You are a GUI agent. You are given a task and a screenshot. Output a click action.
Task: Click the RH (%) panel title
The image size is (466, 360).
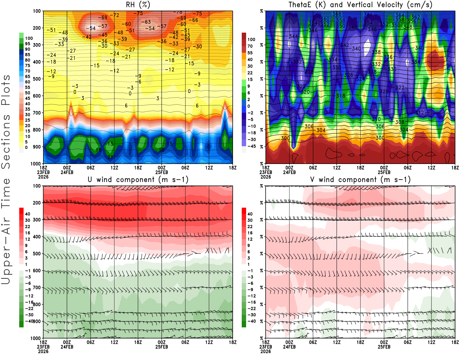tap(138, 5)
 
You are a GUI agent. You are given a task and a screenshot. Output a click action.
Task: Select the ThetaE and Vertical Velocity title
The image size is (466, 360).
tap(360, 5)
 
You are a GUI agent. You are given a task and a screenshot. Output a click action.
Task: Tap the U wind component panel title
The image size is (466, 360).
tap(138, 180)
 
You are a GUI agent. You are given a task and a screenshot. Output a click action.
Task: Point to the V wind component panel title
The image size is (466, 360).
tap(360, 180)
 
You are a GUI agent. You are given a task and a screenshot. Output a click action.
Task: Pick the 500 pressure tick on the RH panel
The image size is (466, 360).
tap(37, 79)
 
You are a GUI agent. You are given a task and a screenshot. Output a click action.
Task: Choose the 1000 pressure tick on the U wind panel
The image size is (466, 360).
tap(36, 338)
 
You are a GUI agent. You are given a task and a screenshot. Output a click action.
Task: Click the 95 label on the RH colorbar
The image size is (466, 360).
tap(27, 44)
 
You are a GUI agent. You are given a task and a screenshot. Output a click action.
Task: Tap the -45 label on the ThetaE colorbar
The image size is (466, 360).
tap(251, 146)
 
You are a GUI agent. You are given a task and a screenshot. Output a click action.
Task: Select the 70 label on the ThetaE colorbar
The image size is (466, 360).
tap(250, 46)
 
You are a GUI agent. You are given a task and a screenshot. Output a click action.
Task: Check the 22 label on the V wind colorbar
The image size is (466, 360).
tap(250, 227)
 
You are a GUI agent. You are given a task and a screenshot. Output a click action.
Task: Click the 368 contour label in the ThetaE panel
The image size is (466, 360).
tap(337, 14)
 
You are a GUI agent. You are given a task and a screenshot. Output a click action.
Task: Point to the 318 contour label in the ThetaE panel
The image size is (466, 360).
tap(340, 96)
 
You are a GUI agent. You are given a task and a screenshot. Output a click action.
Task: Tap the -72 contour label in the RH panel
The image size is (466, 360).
tap(116, 15)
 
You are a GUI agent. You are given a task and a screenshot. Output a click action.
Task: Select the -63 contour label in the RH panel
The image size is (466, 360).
tap(147, 22)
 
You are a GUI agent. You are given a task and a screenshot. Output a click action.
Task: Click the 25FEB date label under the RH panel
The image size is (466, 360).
tap(162, 172)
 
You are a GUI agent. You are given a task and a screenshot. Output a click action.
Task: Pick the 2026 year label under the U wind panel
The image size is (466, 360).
tap(43, 351)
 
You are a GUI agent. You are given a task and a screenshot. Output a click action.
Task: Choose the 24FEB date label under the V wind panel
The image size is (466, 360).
tap(289, 347)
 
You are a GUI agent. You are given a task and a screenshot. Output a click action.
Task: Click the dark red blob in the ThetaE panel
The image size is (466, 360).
tap(435, 61)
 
